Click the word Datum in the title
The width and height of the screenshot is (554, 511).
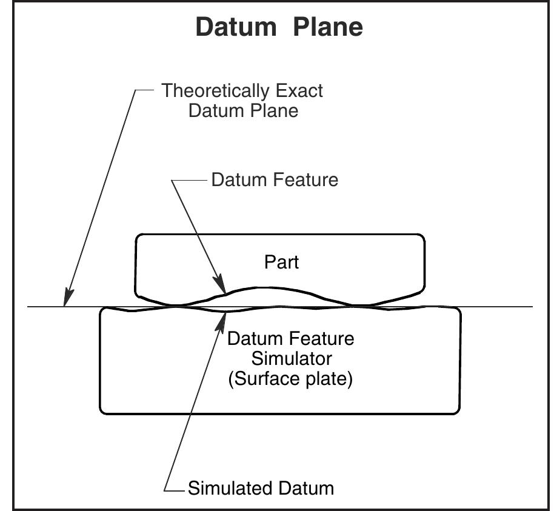click(234, 27)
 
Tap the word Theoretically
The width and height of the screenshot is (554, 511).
click(215, 91)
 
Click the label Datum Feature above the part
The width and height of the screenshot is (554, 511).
click(275, 180)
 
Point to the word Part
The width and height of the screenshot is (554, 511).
click(282, 262)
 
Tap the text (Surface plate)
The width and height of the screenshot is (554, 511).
click(290, 381)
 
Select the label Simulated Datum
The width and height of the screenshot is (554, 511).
click(261, 489)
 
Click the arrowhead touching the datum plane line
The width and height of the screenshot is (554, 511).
click(66, 301)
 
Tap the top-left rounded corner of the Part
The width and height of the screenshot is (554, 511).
click(139, 238)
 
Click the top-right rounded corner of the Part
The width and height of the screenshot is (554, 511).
click(420, 238)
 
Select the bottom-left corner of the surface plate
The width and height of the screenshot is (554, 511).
click(103, 410)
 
